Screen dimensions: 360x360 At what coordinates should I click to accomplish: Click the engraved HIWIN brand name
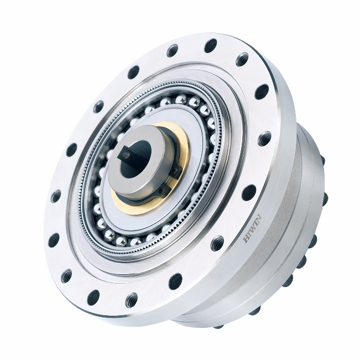tap(252, 228)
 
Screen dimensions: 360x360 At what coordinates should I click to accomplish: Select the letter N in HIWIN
tap(258, 218)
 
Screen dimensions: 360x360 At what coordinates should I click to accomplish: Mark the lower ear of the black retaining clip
tap(163, 189)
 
